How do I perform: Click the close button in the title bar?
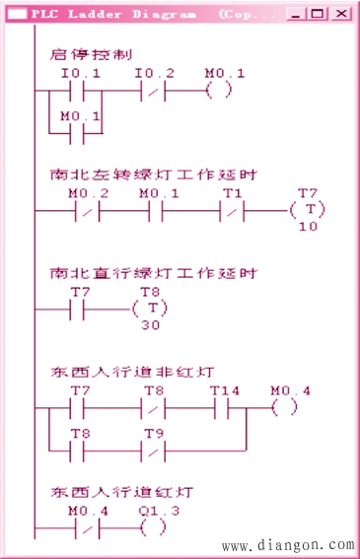(340, 14)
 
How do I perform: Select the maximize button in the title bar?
(318, 14)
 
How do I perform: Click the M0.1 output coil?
(220, 91)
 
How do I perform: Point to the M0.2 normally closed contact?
(86, 212)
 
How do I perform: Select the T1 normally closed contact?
(233, 212)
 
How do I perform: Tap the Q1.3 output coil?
(153, 526)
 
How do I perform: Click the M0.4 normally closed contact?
(86, 526)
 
